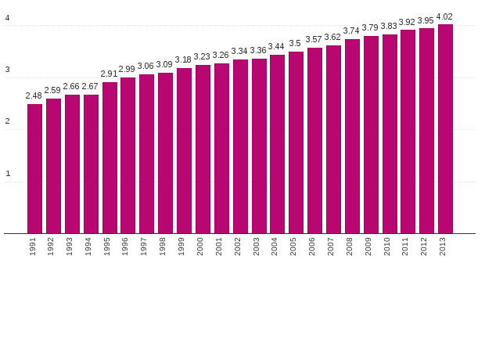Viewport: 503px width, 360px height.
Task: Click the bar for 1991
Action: [x=34, y=168]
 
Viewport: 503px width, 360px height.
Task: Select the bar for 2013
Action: [x=445, y=129]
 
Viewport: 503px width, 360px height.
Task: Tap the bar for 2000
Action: [x=203, y=149]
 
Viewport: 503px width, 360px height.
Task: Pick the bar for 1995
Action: [x=110, y=157]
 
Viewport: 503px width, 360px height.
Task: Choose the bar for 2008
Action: [x=352, y=136]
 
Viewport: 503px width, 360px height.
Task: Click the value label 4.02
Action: [x=444, y=16]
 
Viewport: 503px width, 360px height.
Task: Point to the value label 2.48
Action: [x=34, y=95]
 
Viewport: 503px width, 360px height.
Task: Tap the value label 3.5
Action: [x=295, y=43]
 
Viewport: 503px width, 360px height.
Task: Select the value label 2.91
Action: [x=109, y=74]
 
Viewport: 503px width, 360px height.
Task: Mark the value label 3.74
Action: [x=351, y=31]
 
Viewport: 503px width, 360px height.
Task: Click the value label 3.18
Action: [x=183, y=59]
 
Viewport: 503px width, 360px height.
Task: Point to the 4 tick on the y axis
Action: [x=8, y=18]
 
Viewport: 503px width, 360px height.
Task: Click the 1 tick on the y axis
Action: [x=8, y=174]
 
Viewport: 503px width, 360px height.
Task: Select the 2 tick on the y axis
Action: [x=8, y=121]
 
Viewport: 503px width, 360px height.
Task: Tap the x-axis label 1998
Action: [x=163, y=247]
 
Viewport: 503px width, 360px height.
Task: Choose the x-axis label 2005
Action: [x=294, y=247]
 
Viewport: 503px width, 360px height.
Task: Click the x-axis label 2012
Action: [x=425, y=247]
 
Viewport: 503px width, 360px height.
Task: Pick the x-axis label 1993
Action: [x=70, y=247]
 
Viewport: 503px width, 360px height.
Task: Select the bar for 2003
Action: [x=259, y=146]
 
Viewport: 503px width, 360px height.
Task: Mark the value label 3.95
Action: [x=426, y=20]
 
